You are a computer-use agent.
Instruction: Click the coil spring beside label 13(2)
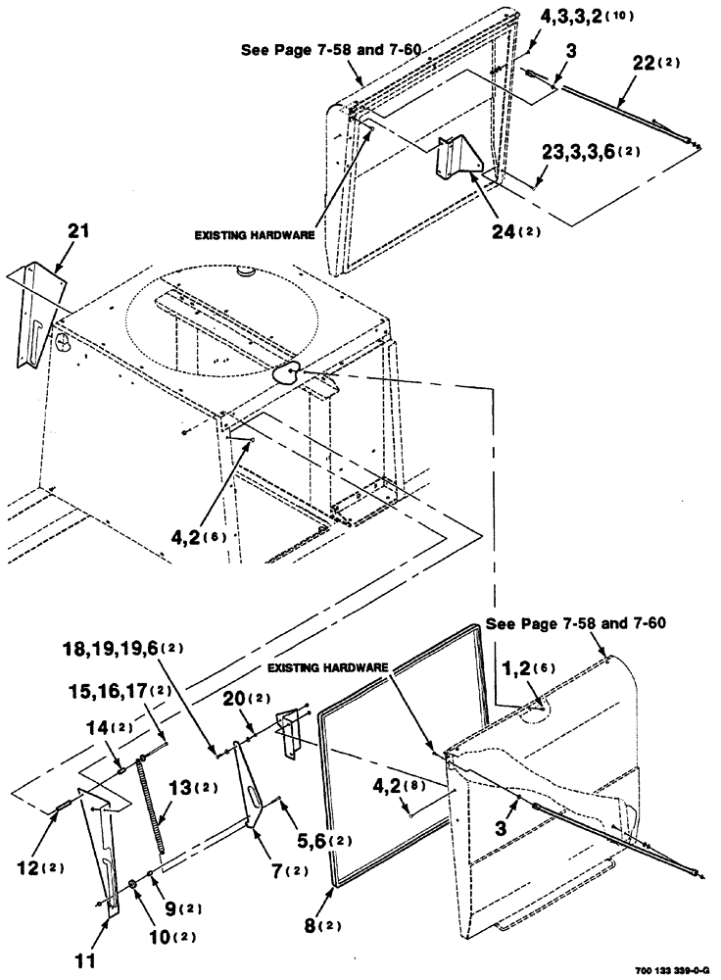pos(153,797)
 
